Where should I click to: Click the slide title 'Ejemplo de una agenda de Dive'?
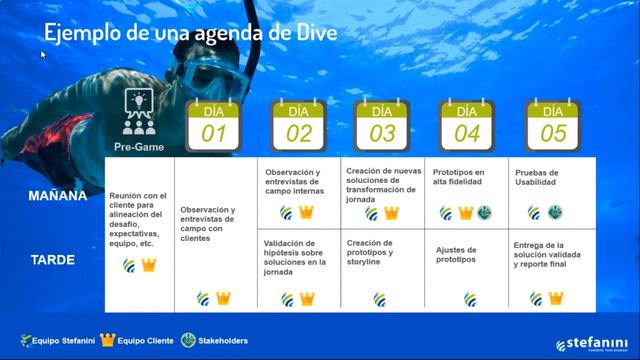(x=190, y=32)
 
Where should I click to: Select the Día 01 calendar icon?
(x=213, y=125)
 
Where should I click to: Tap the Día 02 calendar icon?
(x=298, y=125)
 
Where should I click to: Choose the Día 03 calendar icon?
(x=382, y=125)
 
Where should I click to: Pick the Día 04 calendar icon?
(x=467, y=125)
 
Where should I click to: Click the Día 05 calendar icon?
(x=552, y=125)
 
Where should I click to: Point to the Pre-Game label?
(x=138, y=147)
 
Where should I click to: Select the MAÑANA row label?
(x=58, y=196)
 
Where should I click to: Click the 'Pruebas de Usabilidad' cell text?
(x=537, y=178)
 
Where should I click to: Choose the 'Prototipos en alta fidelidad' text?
(x=457, y=178)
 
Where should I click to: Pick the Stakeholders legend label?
(x=222, y=341)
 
